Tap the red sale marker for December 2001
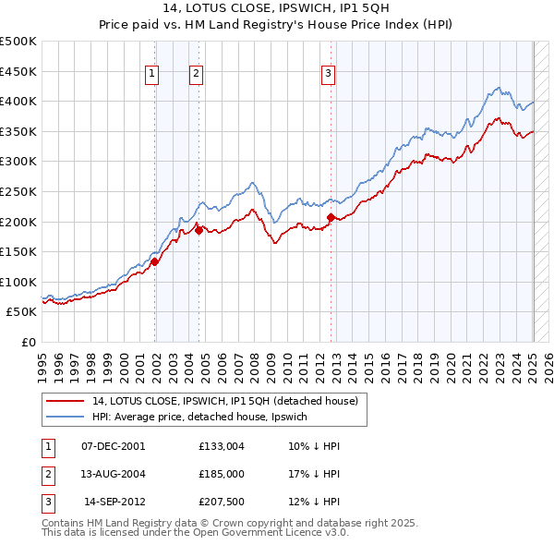coord(155,261)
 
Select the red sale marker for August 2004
coord(198,230)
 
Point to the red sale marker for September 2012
coord(330,216)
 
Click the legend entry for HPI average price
coord(204,418)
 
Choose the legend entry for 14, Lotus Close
coord(230,401)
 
